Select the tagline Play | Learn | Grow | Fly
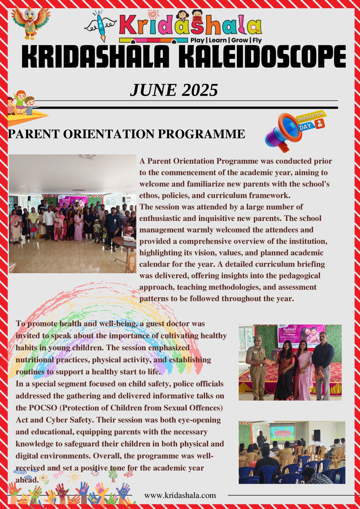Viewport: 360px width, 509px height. (226, 40)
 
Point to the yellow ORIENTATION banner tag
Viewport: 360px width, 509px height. (310, 116)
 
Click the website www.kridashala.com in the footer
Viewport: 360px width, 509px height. (180, 495)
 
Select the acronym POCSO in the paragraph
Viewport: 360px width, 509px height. (43, 408)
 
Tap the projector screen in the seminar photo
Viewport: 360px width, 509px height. (282, 432)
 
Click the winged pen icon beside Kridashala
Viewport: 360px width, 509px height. (100, 26)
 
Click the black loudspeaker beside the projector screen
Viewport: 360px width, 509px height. (317, 434)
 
